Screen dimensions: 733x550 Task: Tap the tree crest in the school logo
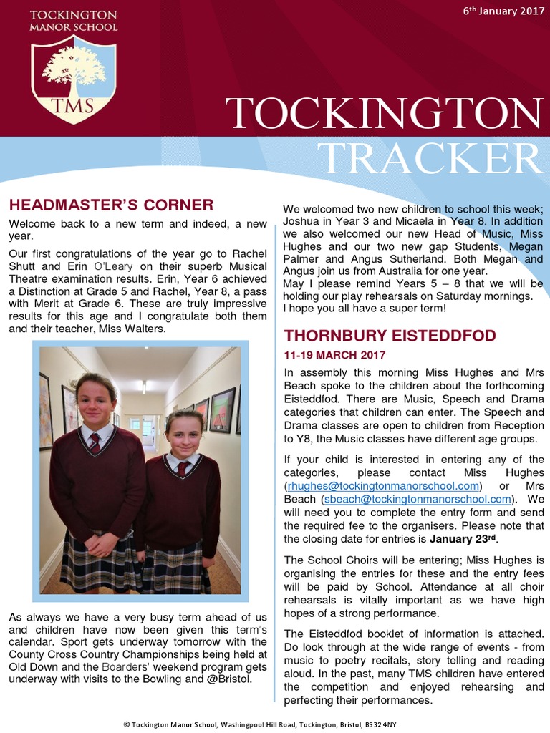click(74, 68)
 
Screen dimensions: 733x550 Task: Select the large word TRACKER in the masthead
click(430, 157)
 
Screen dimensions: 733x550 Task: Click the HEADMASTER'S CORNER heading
click(111, 205)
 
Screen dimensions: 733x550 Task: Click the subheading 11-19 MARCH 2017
click(334, 355)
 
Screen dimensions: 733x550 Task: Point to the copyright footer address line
click(275, 724)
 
